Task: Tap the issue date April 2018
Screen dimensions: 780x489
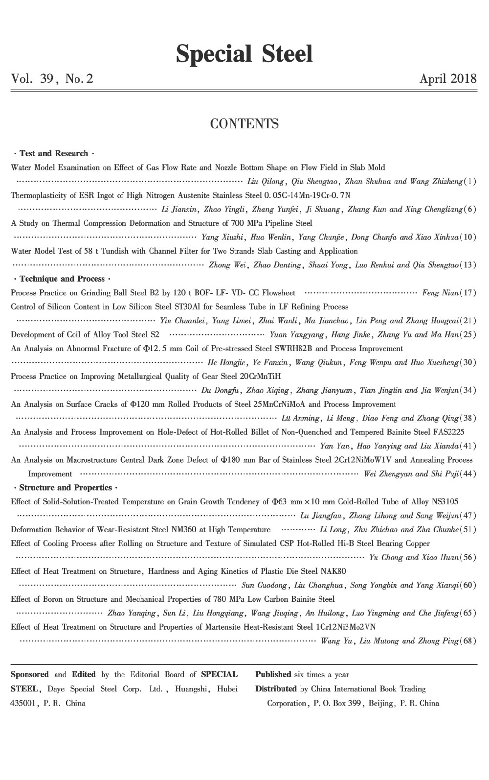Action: coord(448,79)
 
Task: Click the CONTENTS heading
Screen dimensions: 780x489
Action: coord(244,124)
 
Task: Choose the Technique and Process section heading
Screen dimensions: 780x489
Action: coord(62,279)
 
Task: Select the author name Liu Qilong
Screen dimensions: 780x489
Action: coord(266,182)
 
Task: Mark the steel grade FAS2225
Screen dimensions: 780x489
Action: coord(448,432)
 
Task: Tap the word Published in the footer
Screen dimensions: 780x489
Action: coord(273,675)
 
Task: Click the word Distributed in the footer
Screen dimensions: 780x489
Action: coord(276,689)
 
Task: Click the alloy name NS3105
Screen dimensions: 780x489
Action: coord(445,502)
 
